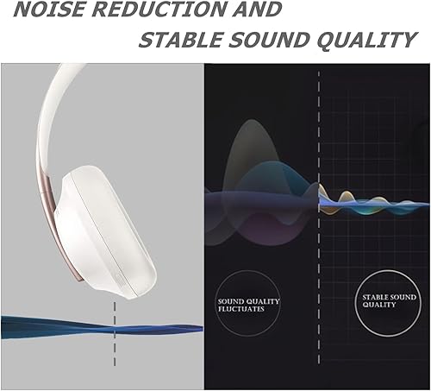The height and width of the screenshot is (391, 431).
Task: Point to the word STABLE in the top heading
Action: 176,40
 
